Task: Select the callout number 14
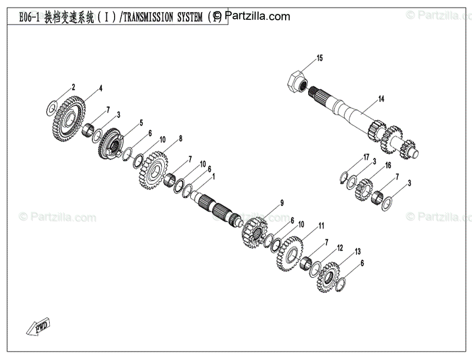pos(381,99)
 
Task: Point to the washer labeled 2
pos(52,108)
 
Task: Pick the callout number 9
pos(282,202)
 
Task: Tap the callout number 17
pos(367,157)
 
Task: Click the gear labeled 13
pos(329,277)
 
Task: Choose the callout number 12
pos(340,248)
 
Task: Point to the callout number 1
pos(213,176)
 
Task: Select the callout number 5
pos(141,123)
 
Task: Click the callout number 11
pos(321,225)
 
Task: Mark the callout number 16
pos(388,166)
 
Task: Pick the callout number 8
pos(180,138)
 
